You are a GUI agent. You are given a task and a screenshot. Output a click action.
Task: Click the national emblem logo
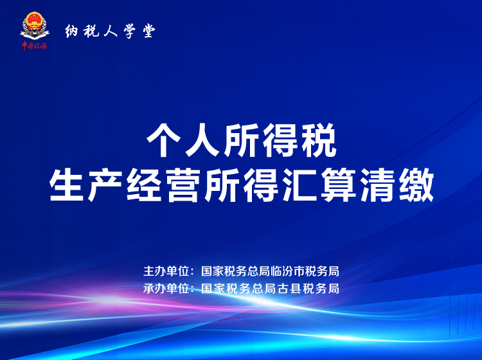click(34, 26)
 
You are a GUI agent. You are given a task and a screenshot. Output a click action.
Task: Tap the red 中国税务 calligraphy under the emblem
click(34, 46)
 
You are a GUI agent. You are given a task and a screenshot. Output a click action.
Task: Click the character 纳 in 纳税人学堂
click(71, 31)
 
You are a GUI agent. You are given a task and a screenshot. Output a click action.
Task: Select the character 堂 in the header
click(149, 31)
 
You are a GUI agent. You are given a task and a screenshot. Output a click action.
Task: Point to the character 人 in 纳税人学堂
click(111, 31)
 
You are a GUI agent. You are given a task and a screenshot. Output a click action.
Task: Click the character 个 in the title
click(163, 140)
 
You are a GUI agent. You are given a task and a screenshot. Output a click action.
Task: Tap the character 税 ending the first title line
click(319, 140)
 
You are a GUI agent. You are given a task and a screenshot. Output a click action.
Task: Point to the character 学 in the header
click(130, 31)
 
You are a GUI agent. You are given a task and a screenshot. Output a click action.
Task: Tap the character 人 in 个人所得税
click(202, 140)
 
